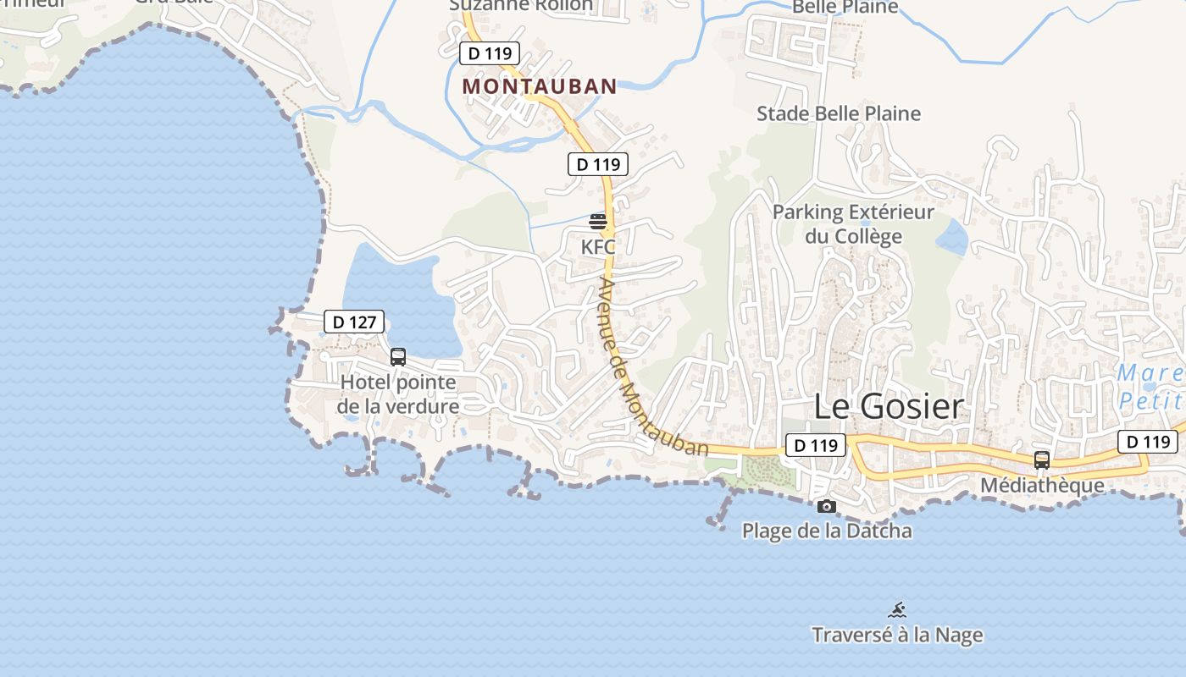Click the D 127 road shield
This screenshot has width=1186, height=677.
(x=354, y=322)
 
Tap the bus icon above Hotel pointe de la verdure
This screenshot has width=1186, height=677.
(x=398, y=357)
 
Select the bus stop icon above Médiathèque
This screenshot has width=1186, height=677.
(x=1042, y=460)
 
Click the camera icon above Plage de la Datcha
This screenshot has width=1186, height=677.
(x=827, y=507)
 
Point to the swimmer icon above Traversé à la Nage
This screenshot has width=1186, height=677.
(x=898, y=610)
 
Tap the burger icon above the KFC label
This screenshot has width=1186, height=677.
(x=598, y=222)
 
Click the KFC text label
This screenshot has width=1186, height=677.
(x=598, y=248)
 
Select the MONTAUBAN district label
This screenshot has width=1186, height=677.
(x=540, y=86)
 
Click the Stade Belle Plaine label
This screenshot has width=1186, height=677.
(x=839, y=113)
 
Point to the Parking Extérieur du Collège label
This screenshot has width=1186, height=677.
(x=853, y=224)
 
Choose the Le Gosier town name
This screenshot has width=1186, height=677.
(x=889, y=406)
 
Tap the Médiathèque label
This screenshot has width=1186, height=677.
(x=1042, y=486)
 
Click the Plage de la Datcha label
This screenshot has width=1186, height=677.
(x=827, y=531)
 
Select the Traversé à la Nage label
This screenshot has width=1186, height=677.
(x=898, y=635)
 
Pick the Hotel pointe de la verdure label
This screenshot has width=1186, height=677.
(x=398, y=394)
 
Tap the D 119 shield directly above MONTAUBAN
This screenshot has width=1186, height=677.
(x=490, y=53)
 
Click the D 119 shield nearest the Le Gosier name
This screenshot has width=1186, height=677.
(x=816, y=445)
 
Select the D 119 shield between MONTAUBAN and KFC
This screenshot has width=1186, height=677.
(x=598, y=164)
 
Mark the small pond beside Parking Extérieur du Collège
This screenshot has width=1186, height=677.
(x=952, y=236)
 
